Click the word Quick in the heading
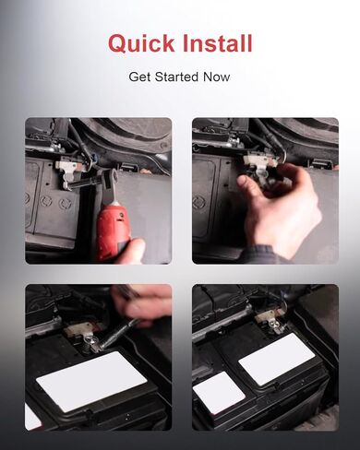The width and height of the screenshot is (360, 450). (141, 43)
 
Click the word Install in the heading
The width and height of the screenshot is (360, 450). (218, 42)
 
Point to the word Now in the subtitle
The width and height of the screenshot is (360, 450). (216, 77)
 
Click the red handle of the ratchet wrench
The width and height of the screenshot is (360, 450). (114, 228)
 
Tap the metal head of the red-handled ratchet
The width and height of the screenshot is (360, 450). (109, 177)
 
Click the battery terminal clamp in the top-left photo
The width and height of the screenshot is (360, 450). (67, 172)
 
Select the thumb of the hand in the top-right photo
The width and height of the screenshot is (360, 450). (248, 187)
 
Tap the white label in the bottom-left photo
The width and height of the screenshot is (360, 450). (91, 382)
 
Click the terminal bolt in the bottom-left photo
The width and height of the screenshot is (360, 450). (90, 340)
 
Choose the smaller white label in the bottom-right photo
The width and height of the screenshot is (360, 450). (219, 393)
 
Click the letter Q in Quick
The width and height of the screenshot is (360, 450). (119, 44)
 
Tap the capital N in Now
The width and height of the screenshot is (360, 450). (208, 77)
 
